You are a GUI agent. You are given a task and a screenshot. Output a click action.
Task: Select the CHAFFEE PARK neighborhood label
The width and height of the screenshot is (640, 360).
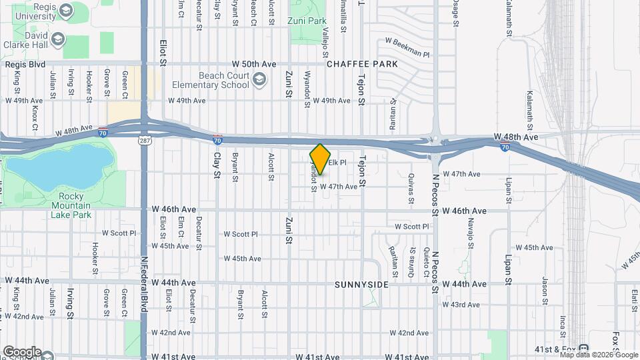click(x=362, y=64)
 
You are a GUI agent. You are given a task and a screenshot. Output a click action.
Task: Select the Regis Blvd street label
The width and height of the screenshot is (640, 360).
click(x=25, y=64)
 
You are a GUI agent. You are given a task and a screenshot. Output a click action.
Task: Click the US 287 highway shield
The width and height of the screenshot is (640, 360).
click(x=144, y=140)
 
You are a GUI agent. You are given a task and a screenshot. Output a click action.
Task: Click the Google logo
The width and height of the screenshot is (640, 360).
click(x=21, y=352)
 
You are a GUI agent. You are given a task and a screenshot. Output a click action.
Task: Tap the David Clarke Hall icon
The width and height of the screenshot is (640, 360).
click(x=57, y=39)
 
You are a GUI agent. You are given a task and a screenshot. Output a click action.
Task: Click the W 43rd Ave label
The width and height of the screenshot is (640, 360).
click(x=465, y=305)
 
